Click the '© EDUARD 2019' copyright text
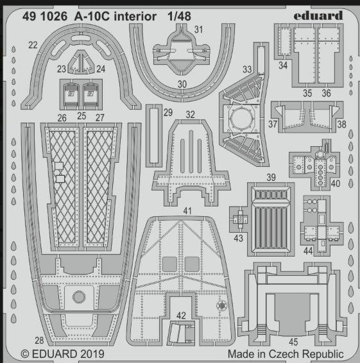(58, 353)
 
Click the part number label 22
(33, 45)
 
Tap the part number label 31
(199, 30)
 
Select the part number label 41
(186, 210)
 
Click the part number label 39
(271, 177)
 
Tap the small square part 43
(239, 219)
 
